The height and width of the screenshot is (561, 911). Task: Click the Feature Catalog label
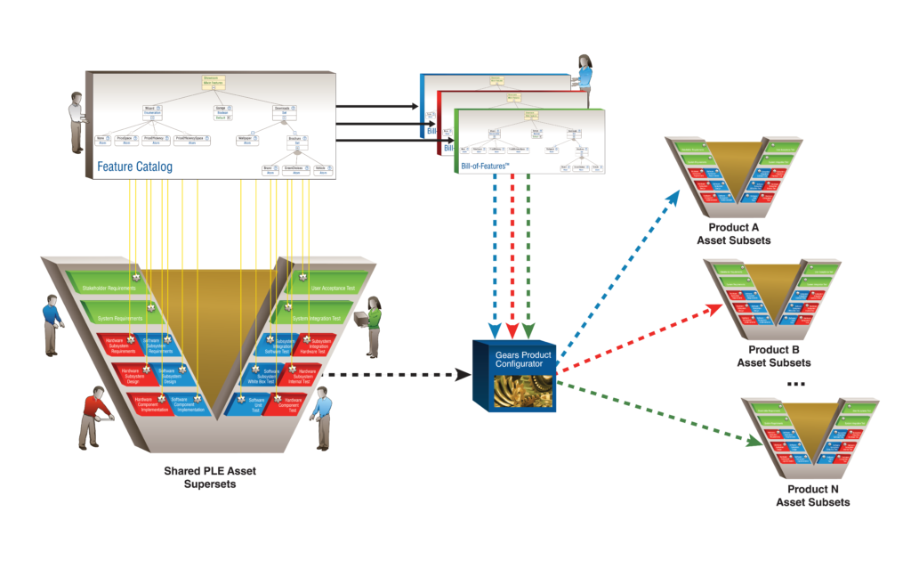[134, 166]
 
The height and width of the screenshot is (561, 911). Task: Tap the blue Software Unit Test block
[252, 403]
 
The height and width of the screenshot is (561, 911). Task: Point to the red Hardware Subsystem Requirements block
[119, 346]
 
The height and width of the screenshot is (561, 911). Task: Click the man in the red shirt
[95, 415]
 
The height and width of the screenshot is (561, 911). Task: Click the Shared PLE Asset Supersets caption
[210, 476]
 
